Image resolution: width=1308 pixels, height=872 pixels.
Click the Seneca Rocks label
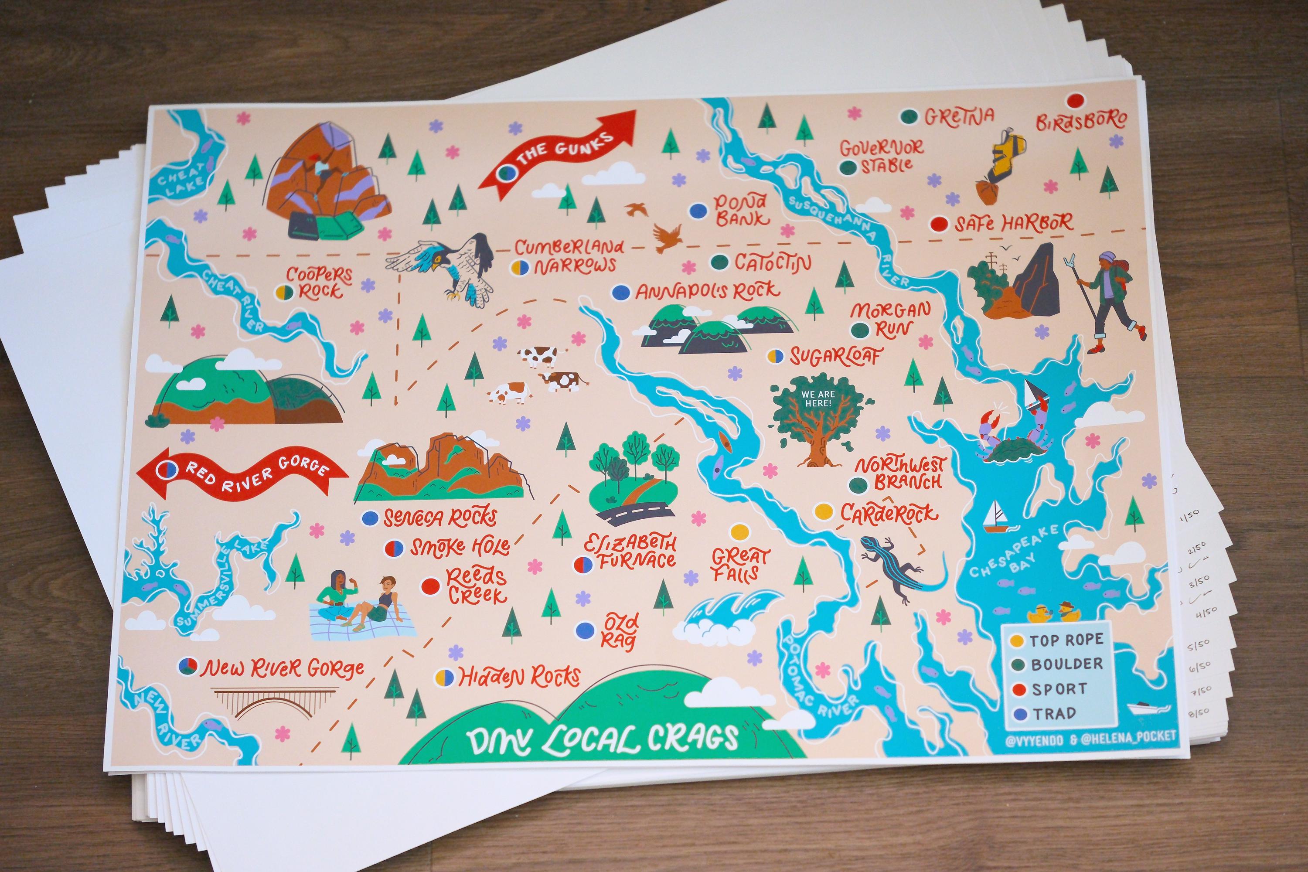[439, 518]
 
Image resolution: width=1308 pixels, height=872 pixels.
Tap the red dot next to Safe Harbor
[939, 224]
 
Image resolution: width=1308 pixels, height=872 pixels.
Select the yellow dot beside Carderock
[824, 511]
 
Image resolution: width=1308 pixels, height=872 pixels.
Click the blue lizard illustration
[890, 567]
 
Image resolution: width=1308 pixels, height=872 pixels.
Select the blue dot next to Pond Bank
[698, 211]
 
